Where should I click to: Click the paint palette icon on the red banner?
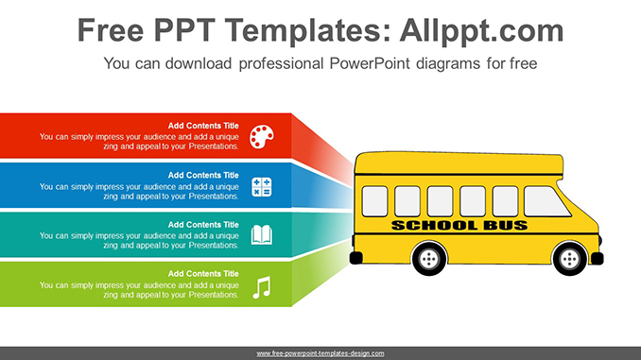(x=262, y=137)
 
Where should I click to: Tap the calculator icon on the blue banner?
(x=262, y=187)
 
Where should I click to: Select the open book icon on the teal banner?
(x=262, y=234)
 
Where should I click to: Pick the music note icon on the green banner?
(x=262, y=287)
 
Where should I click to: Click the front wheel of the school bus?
(x=569, y=258)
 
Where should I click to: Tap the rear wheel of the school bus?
(x=429, y=258)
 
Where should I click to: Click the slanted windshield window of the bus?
(x=546, y=201)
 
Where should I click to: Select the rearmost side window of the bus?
(x=374, y=201)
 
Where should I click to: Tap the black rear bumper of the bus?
(x=356, y=258)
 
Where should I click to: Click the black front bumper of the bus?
(x=598, y=258)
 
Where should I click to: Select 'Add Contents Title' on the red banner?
(x=203, y=126)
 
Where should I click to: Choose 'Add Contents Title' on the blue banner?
(x=203, y=176)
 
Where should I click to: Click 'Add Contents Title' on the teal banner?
(x=203, y=225)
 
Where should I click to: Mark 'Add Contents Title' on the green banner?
(x=203, y=274)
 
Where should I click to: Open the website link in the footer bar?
(x=320, y=353)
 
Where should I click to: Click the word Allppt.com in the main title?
(x=481, y=31)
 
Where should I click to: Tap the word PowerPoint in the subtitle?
(x=369, y=63)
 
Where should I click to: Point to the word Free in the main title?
(x=111, y=30)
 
